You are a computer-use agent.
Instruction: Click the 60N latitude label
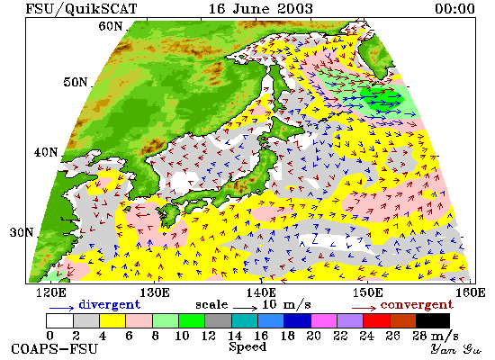(110, 26)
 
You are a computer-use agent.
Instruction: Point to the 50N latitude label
(75, 82)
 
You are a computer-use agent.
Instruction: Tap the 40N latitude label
(46, 152)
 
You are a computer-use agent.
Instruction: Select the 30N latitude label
(22, 233)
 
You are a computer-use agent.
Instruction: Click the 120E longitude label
(51, 292)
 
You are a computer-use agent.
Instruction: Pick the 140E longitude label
(262, 292)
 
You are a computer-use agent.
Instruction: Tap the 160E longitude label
(471, 292)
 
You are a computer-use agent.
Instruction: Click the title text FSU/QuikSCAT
(81, 9)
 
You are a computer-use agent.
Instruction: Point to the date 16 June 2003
(261, 8)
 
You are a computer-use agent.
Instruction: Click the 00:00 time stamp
(454, 8)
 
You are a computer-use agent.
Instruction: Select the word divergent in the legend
(109, 304)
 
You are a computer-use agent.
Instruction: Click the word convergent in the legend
(417, 305)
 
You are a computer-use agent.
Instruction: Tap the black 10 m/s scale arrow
(246, 308)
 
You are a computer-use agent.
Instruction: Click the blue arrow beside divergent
(61, 308)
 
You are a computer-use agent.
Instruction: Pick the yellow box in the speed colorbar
(112, 320)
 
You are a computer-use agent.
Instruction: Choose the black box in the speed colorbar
(433, 320)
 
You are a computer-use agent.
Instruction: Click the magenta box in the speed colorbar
(324, 320)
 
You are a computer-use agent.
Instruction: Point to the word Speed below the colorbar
(247, 347)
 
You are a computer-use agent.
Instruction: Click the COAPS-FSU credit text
(54, 349)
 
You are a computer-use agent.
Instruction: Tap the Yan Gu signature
(455, 349)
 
